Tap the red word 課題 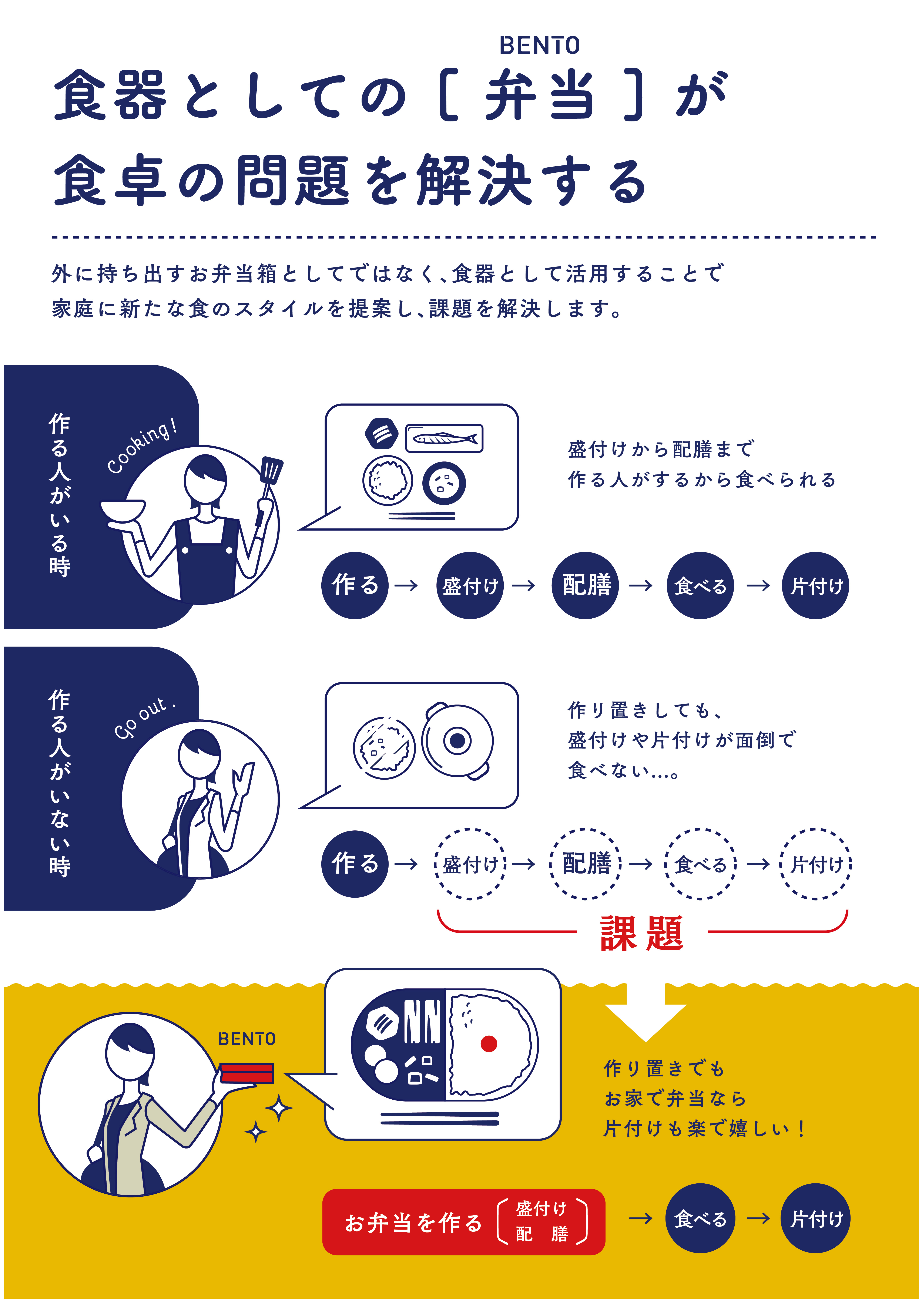click(x=641, y=934)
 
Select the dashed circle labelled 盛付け click(x=470, y=864)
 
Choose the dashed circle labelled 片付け click(x=816, y=864)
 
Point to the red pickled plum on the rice click(x=489, y=1043)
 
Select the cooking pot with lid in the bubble click(x=457, y=741)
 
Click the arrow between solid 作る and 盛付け click(x=406, y=585)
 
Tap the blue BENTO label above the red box click(x=247, y=1039)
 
